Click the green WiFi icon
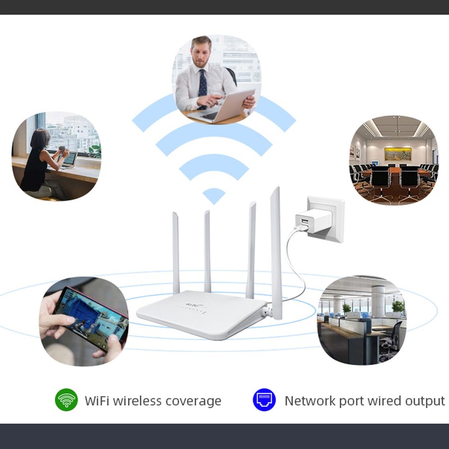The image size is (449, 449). coord(66,400)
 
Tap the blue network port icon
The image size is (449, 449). coord(264,400)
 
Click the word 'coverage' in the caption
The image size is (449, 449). coord(193,401)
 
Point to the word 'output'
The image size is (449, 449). coord(423,401)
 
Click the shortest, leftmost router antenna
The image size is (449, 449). coord(176,253)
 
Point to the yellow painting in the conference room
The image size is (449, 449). coord(397,153)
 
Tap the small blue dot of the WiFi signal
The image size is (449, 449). coord(214,195)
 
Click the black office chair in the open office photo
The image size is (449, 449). coord(392,339)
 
